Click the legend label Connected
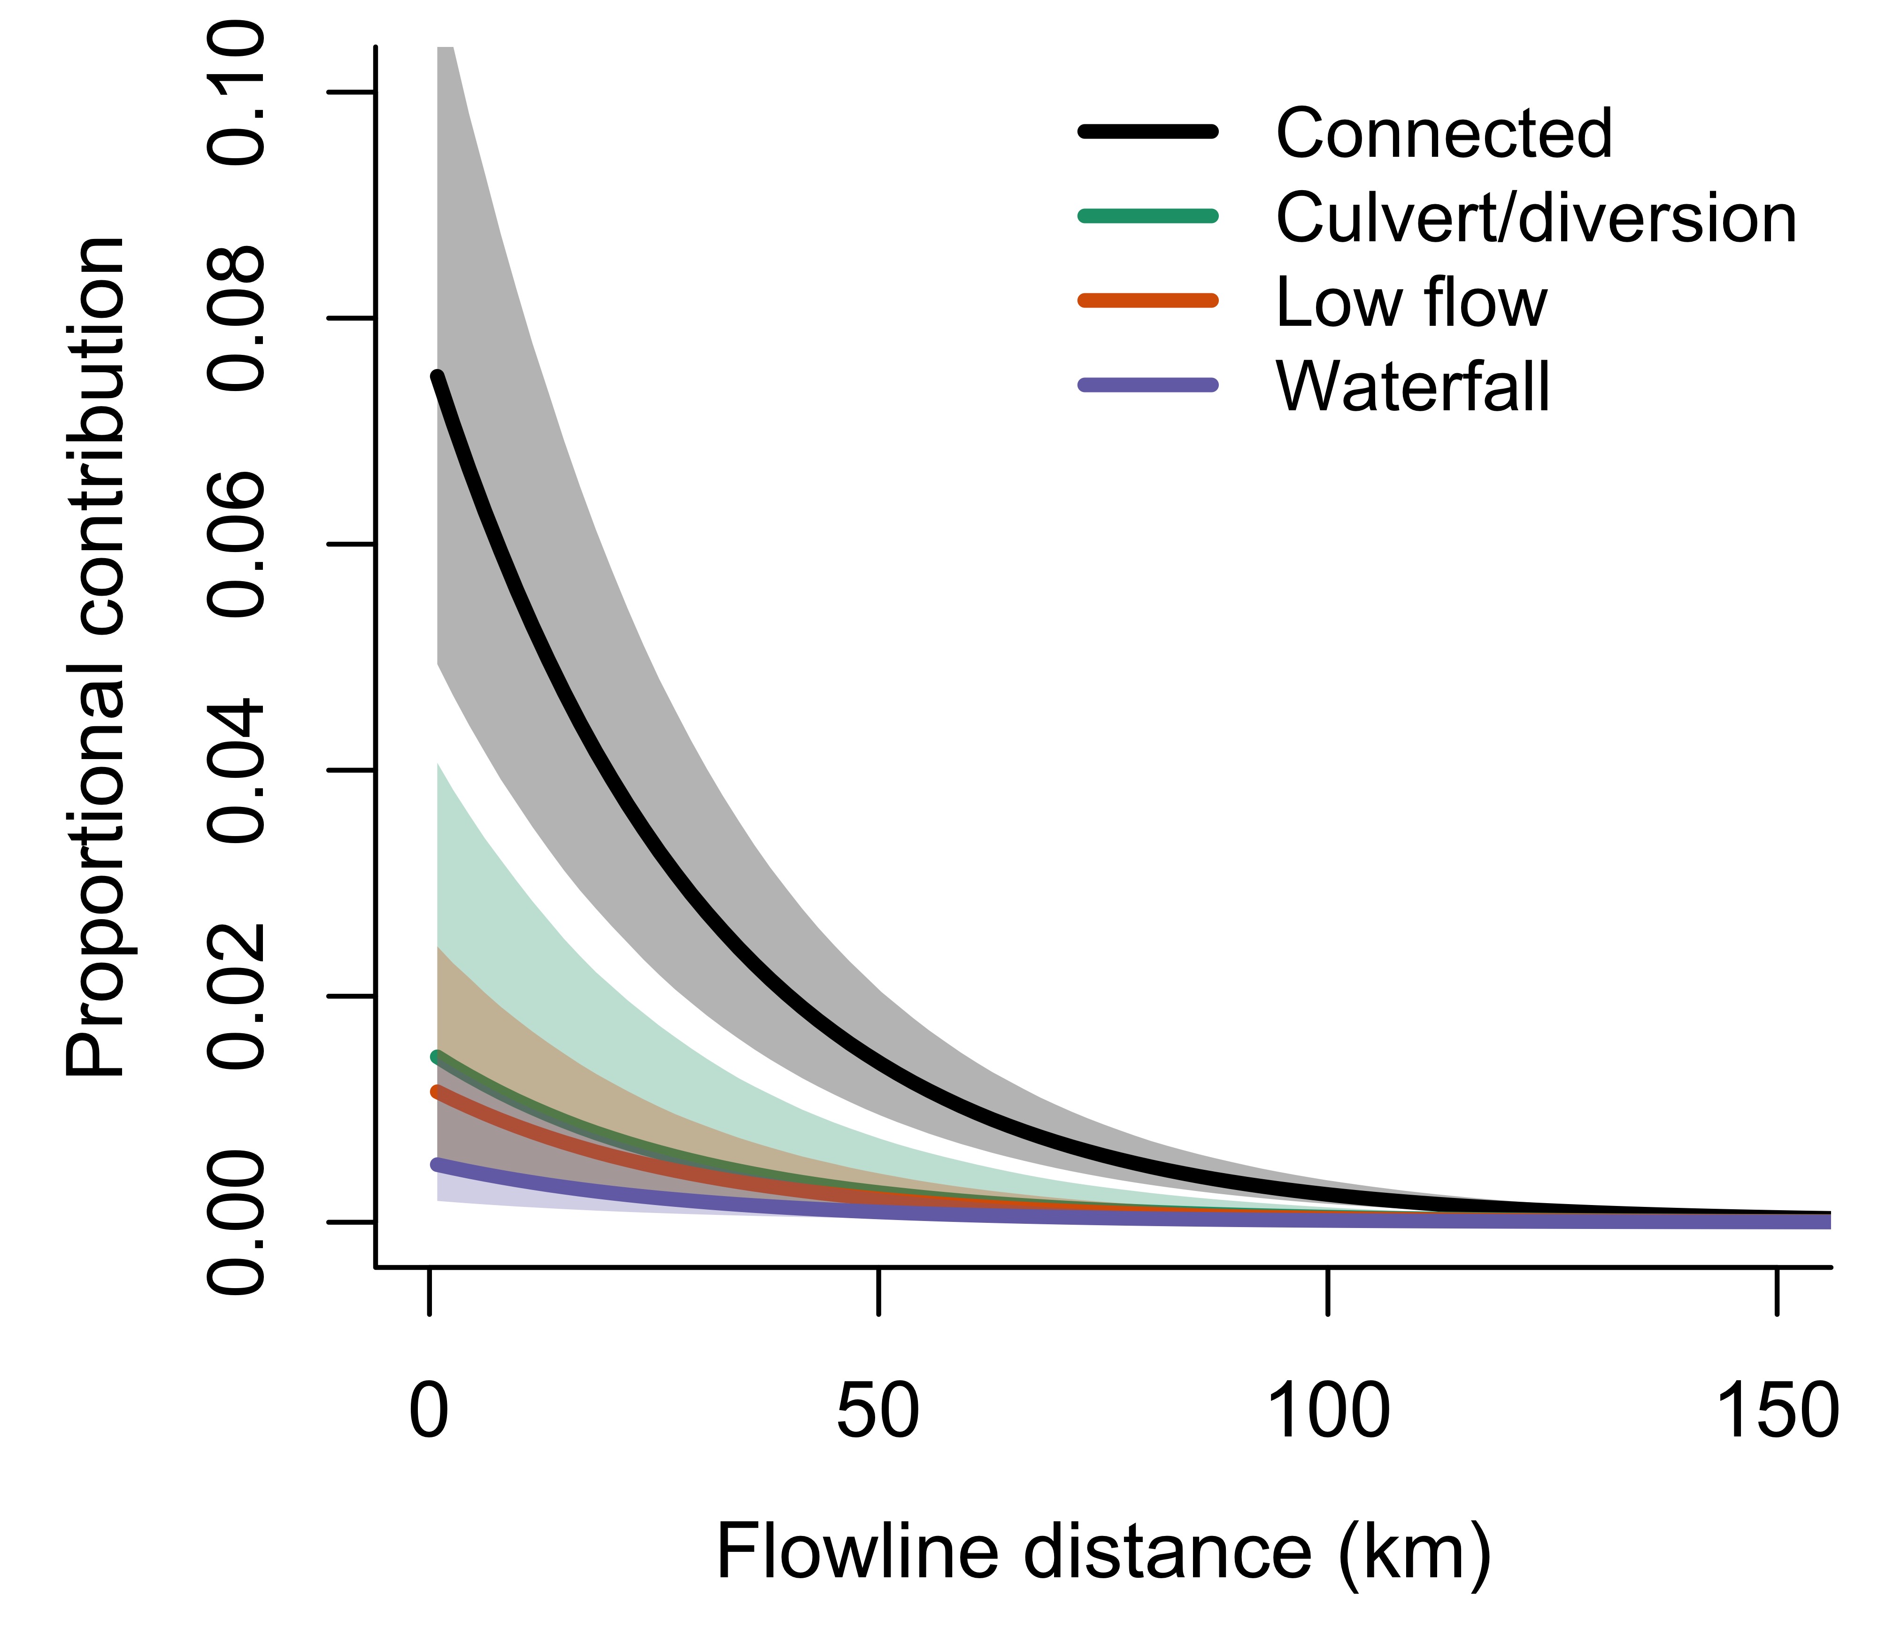point(1443,134)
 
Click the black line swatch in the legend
point(1148,132)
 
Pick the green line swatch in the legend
point(1148,216)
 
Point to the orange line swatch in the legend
point(1148,301)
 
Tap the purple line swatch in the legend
point(1148,385)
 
